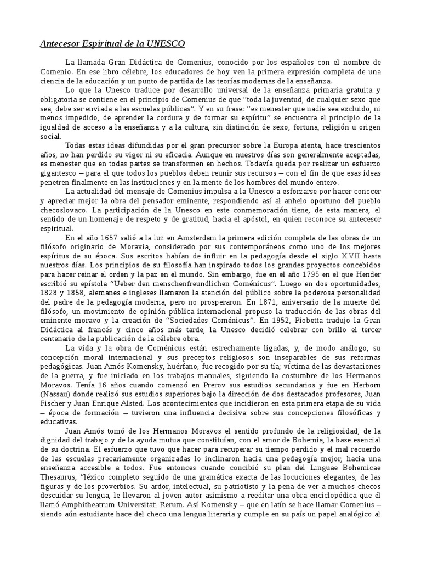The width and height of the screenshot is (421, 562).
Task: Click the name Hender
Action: pyautogui.click(x=368, y=276)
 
